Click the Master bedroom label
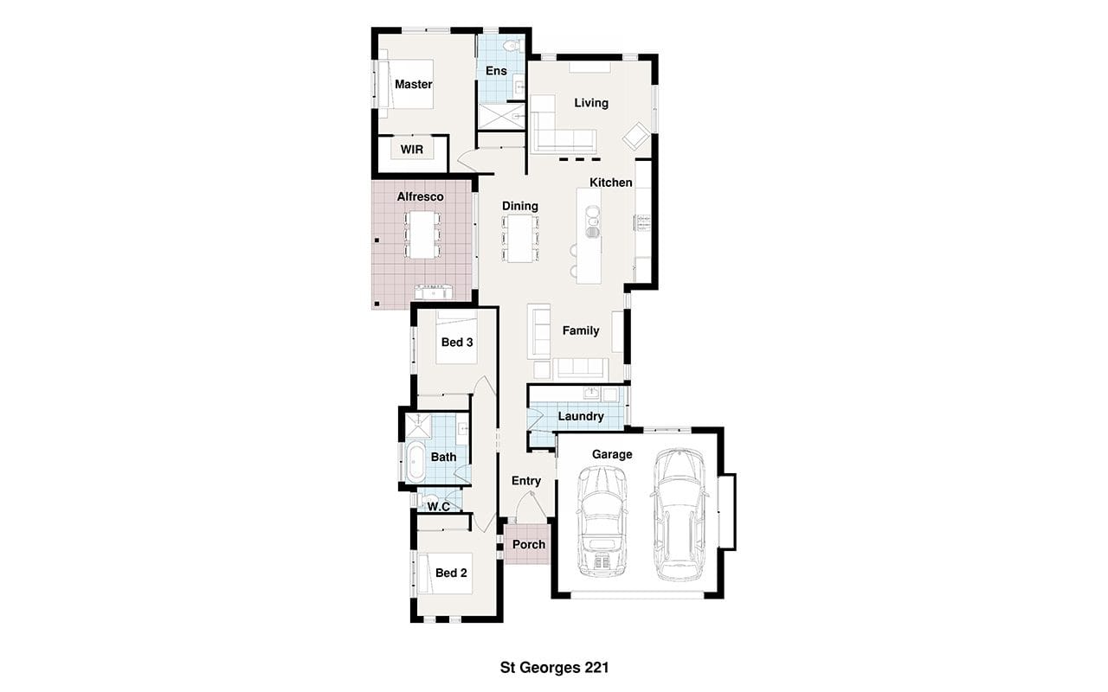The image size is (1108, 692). pyautogui.click(x=414, y=85)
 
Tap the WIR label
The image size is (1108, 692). pyautogui.click(x=412, y=150)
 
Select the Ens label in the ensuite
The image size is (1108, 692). pyautogui.click(x=496, y=71)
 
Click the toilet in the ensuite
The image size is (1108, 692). pyautogui.click(x=512, y=46)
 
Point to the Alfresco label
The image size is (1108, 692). pyautogui.click(x=420, y=196)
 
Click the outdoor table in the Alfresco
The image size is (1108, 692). pyautogui.click(x=422, y=234)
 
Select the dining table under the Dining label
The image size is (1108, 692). pyautogui.click(x=520, y=238)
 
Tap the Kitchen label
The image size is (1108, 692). pyautogui.click(x=611, y=183)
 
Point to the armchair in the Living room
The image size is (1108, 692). pyautogui.click(x=636, y=137)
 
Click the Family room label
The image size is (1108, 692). pyautogui.click(x=581, y=330)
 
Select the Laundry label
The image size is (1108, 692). pyautogui.click(x=581, y=416)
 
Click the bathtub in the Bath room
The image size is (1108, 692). pyautogui.click(x=415, y=462)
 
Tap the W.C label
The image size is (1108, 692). pyautogui.click(x=439, y=507)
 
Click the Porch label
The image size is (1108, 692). pyautogui.click(x=529, y=544)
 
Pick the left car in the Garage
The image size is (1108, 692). pyautogui.click(x=602, y=521)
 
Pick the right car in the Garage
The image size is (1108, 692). pyautogui.click(x=680, y=515)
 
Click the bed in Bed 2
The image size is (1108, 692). pyautogui.click(x=445, y=573)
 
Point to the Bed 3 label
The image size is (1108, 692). pyautogui.click(x=457, y=342)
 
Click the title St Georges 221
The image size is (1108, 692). pyautogui.click(x=554, y=668)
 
